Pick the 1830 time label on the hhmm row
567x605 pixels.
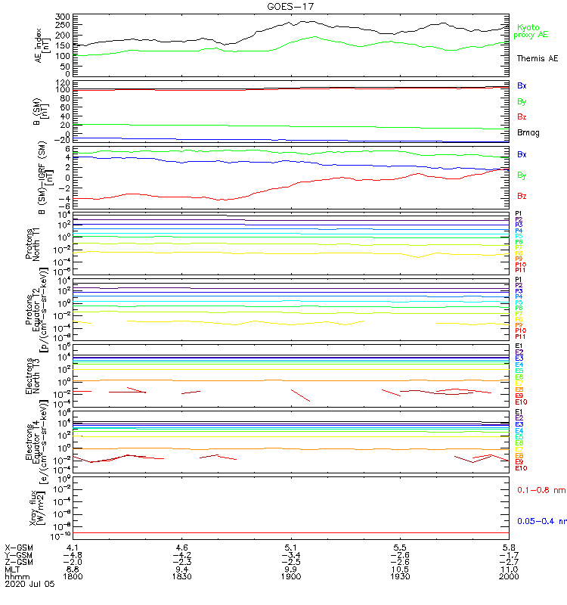click(x=181, y=576)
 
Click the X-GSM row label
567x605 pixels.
click(x=20, y=546)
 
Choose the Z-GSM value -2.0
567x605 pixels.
click(x=73, y=561)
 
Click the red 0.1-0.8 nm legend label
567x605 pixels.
click(x=541, y=491)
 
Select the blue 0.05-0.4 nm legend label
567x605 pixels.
click(x=541, y=521)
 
